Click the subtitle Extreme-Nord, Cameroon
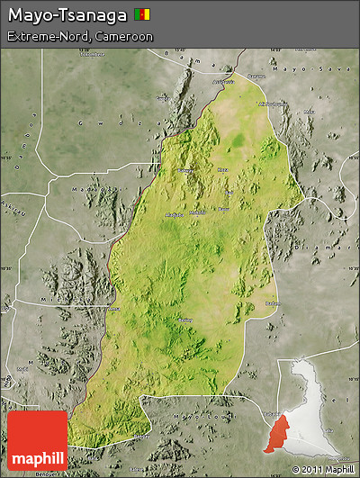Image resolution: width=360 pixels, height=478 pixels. coord(80,37)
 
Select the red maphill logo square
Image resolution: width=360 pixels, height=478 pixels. coord(37,441)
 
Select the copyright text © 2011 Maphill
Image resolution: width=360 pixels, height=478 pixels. coord(322,469)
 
